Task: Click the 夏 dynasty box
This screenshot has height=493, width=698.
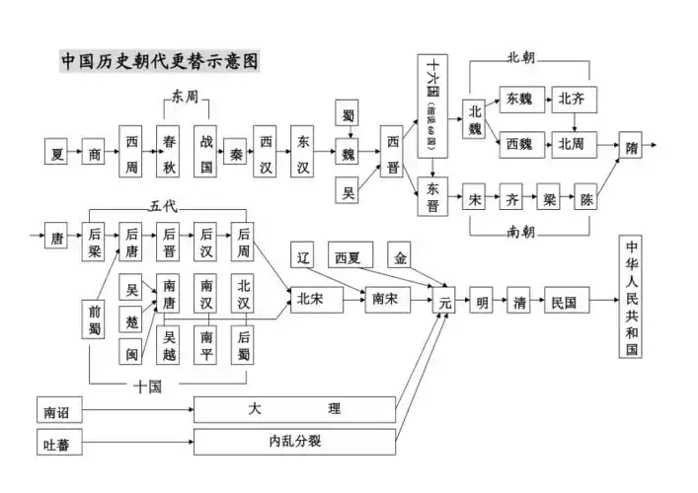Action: [58, 154]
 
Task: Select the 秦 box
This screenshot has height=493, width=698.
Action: [236, 154]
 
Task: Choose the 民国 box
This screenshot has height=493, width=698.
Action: [566, 302]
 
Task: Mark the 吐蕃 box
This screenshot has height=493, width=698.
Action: [57, 441]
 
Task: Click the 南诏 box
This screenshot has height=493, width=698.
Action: [57, 407]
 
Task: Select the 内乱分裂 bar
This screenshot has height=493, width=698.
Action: [294, 441]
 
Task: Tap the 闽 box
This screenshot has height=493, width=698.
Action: [131, 350]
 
